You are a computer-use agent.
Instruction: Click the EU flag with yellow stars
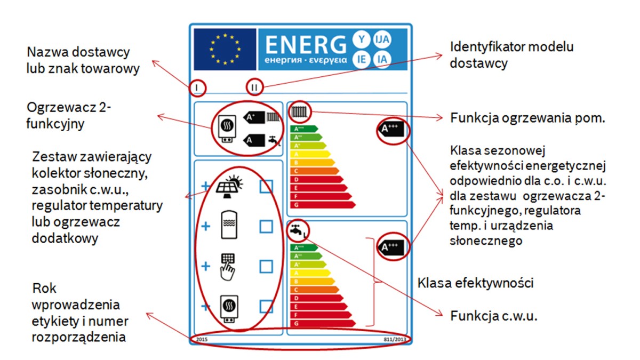coord(225,50)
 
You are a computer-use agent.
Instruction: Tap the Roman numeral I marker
coord(197,87)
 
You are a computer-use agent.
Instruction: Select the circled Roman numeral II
coord(254,87)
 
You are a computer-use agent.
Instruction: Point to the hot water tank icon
coord(229,226)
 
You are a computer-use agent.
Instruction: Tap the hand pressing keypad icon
coord(228,266)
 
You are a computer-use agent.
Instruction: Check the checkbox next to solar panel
coord(266,186)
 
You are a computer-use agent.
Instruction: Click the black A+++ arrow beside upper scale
coord(393,129)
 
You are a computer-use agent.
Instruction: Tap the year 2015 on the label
coord(202,339)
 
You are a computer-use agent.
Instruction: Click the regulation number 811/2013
coord(394,339)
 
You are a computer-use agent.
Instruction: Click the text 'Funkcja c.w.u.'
coord(493,315)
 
